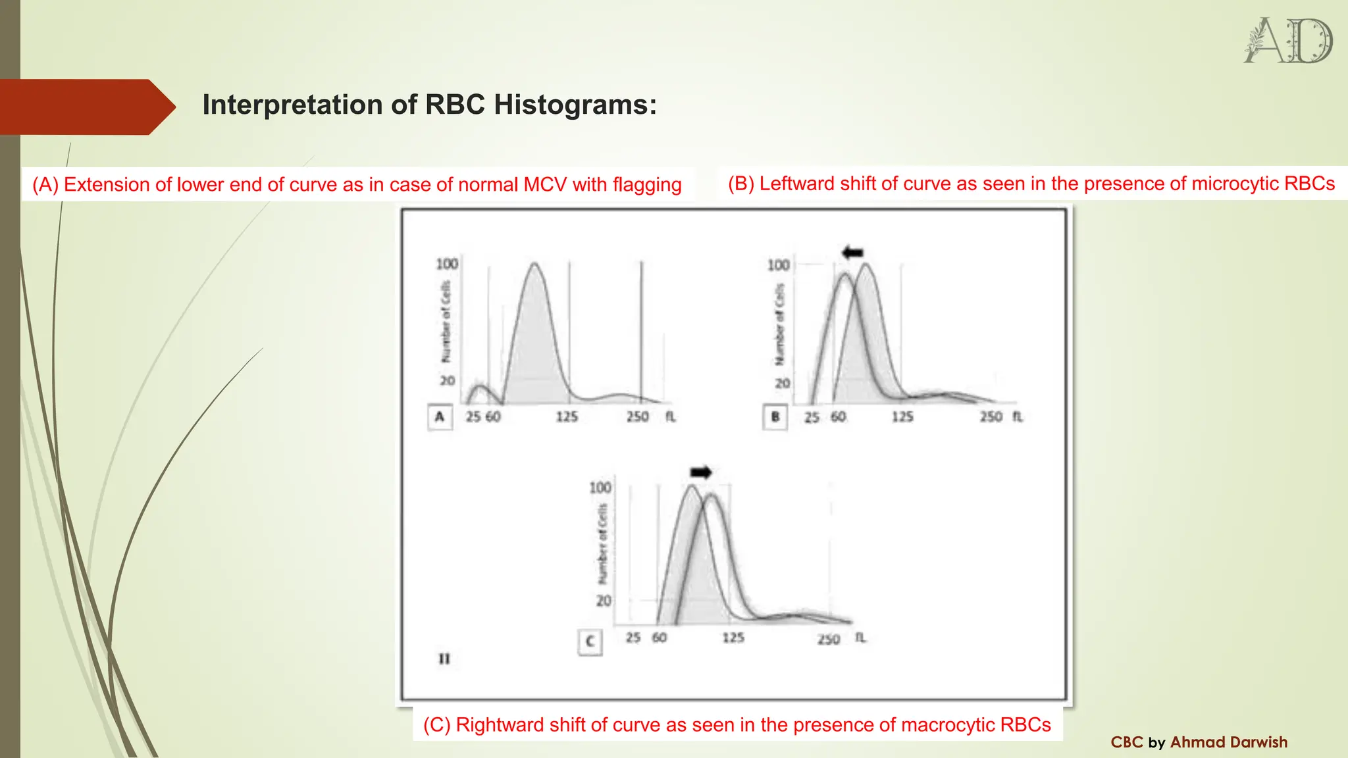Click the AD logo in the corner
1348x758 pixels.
coord(1288,41)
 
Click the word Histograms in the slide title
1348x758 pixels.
coord(575,105)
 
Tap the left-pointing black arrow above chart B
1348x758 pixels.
coord(852,252)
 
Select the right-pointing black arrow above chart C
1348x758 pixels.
coord(701,472)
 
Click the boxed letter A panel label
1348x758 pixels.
coord(440,417)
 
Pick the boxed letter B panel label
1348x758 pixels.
coord(775,417)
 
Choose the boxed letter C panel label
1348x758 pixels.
coord(590,642)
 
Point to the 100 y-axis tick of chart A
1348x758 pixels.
coord(447,264)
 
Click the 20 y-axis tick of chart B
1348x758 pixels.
coord(782,383)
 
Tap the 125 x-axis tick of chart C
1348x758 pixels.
coord(733,638)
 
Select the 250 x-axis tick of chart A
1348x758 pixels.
coord(637,417)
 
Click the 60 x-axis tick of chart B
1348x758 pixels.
coord(838,417)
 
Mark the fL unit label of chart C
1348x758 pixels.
coord(860,638)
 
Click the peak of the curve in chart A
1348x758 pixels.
coord(534,265)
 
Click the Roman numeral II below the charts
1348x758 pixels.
coord(444,659)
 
